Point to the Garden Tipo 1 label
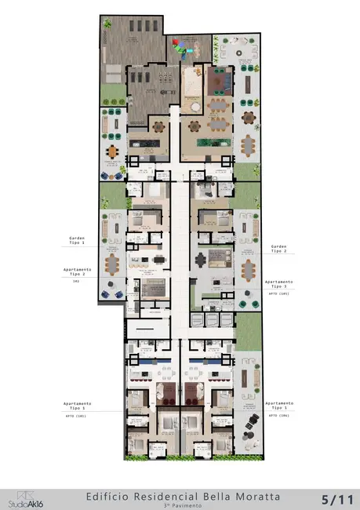[77, 240]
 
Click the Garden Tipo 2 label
[278, 247]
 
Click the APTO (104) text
[279, 417]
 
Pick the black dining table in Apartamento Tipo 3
[217, 257]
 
